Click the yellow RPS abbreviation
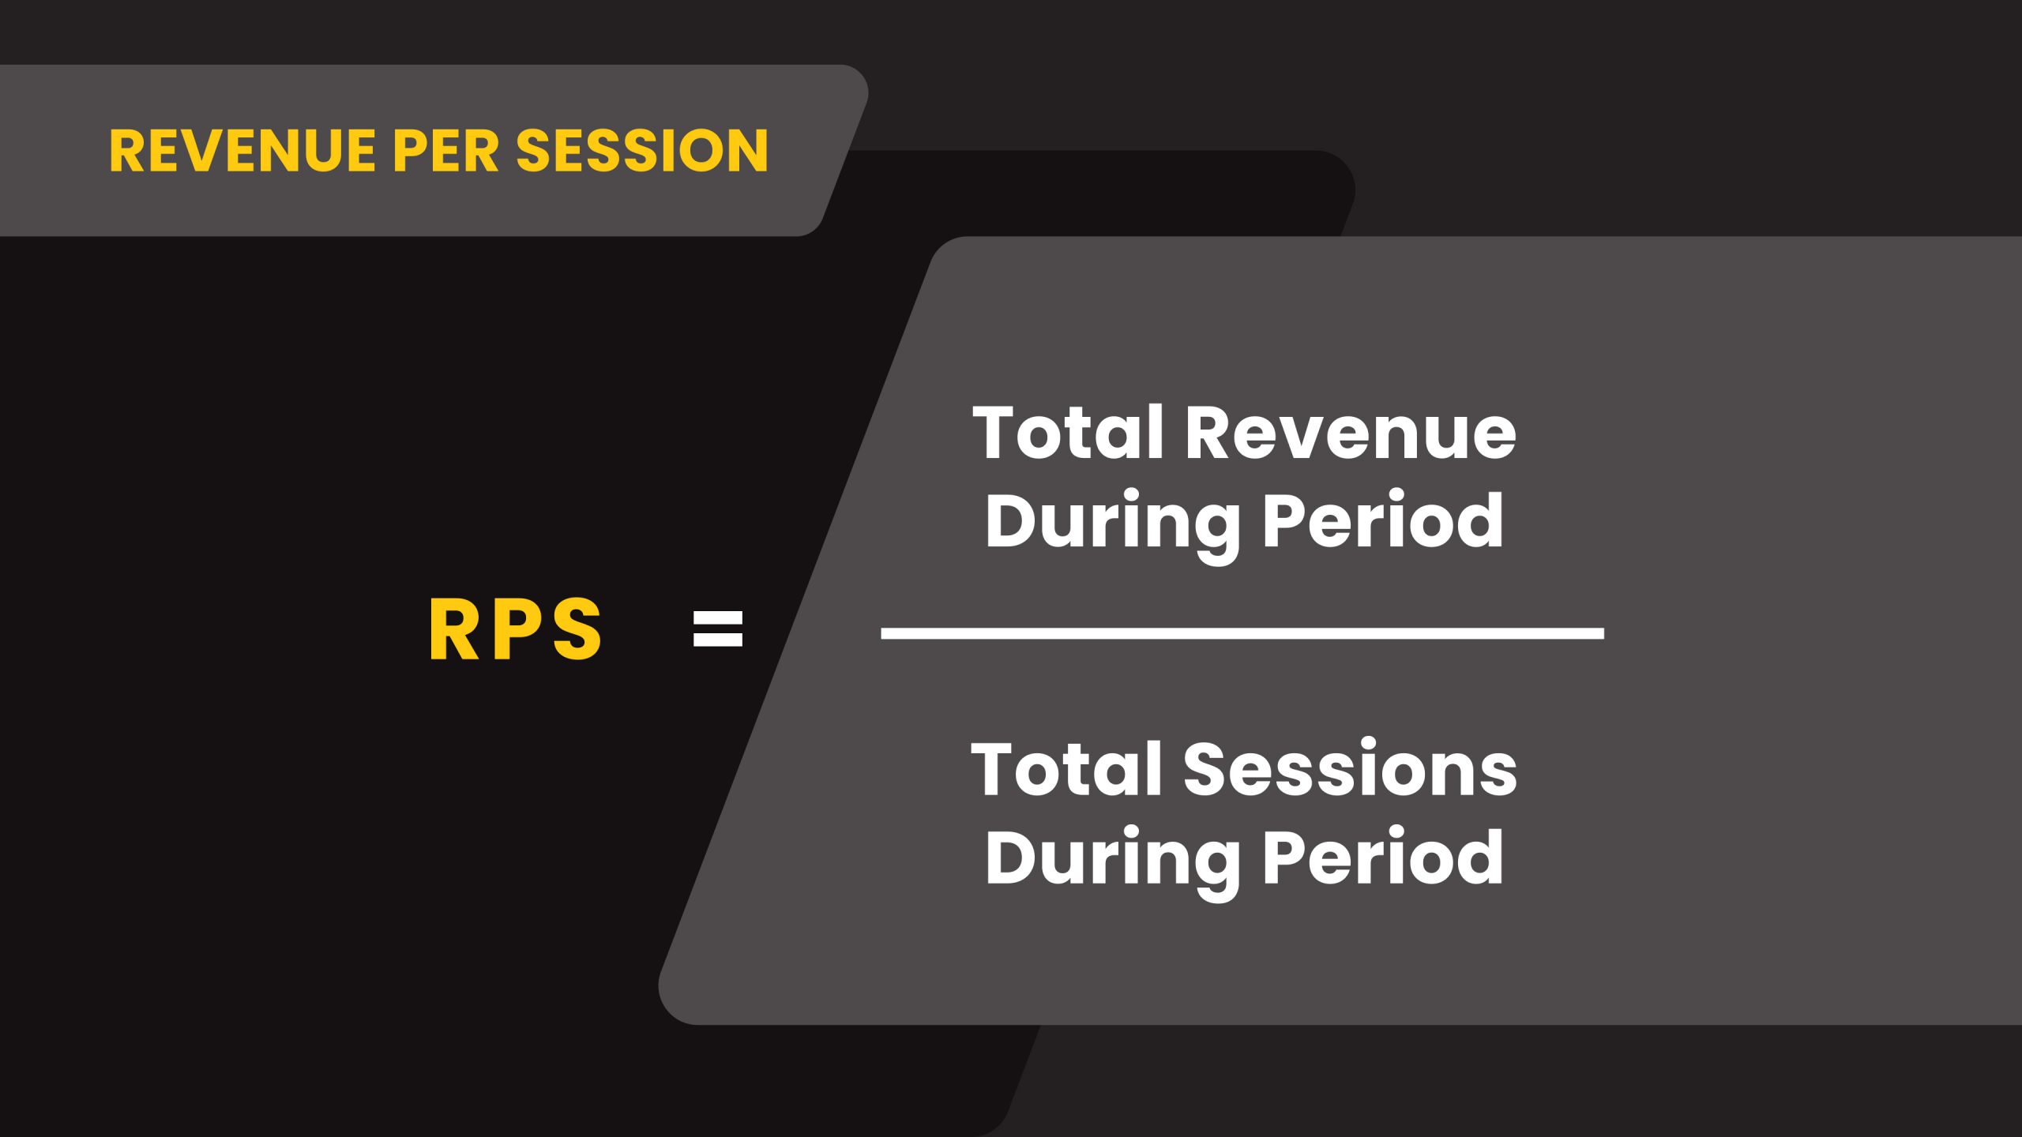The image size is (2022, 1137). pyautogui.click(x=516, y=629)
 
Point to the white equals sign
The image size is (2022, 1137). pyautogui.click(x=718, y=629)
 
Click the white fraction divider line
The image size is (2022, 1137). pyautogui.click(x=1242, y=633)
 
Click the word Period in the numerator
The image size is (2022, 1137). pyautogui.click(x=1383, y=521)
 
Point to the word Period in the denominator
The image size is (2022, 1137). pyautogui.click(x=1383, y=858)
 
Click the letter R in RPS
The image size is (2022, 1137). pyautogui.click(x=453, y=629)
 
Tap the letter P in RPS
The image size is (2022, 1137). pyautogui.click(x=517, y=629)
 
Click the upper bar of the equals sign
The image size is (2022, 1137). pyautogui.click(x=718, y=617)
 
